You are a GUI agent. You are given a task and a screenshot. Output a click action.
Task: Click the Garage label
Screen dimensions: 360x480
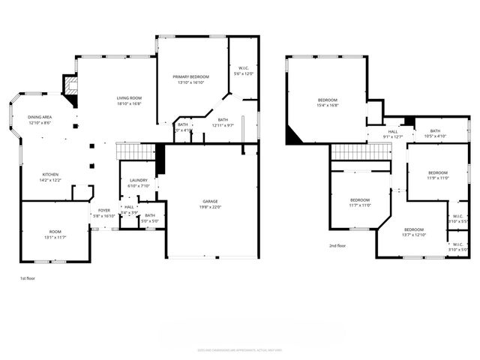pos(210,202)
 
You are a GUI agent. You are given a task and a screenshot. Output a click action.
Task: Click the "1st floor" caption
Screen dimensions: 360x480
pos(27,278)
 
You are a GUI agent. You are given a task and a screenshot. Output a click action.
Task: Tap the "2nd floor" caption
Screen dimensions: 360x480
pos(337,246)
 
